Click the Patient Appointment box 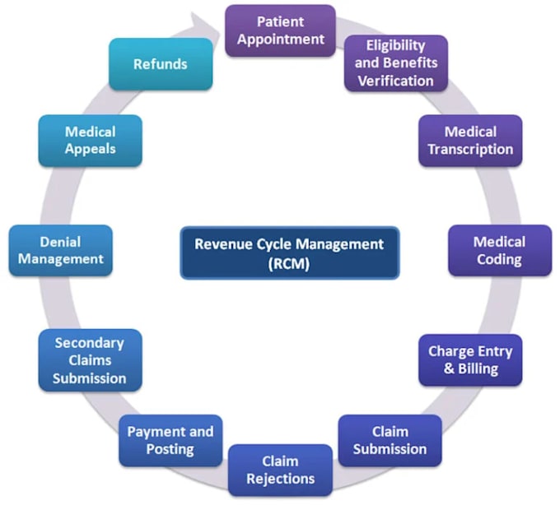click(280, 30)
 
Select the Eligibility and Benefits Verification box click(396, 63)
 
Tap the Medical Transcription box click(470, 141)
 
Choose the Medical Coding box click(500, 250)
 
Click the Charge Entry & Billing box click(470, 360)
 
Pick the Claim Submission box click(390, 441)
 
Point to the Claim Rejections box click(280, 470)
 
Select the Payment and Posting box click(170, 441)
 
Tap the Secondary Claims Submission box click(90, 360)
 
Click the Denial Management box click(61, 250)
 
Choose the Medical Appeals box click(90, 141)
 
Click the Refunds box click(161, 64)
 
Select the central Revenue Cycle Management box click(290, 252)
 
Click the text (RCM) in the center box click(289, 263)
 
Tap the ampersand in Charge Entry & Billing click(450, 368)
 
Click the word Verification click(396, 81)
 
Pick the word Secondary click(89, 343)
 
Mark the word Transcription click(470, 150)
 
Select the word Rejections click(280, 479)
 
